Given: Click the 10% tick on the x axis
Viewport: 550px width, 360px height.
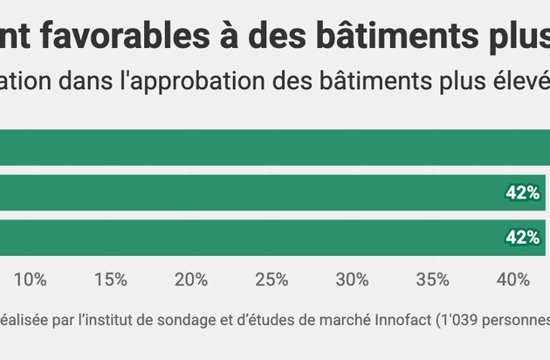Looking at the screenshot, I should point(31,280).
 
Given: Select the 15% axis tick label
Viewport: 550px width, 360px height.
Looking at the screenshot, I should point(111,280).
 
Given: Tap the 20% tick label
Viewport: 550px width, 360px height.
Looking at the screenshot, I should point(191,280).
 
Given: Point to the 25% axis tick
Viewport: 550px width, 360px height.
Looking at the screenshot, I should point(272,280).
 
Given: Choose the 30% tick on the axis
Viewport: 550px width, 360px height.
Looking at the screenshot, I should point(352,280).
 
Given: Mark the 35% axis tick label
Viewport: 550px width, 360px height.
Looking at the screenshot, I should point(432,280).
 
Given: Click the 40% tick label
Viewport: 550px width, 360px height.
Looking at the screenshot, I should point(512,280).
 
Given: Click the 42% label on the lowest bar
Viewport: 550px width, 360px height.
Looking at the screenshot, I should point(522,238).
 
